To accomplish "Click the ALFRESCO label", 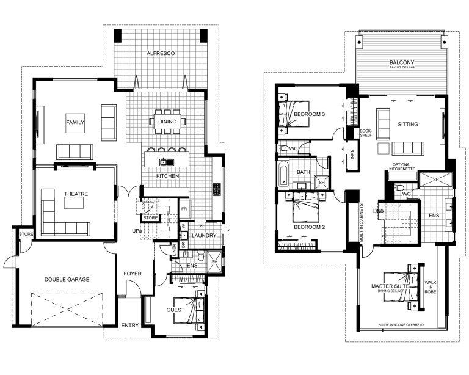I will click(161, 54).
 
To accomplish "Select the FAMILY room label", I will click(75, 123).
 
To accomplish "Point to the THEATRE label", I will click(76, 194).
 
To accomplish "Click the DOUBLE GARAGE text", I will click(67, 279).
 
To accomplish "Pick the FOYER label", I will click(133, 274).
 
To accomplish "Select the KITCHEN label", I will click(167, 176).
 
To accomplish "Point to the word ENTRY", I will click(129, 325).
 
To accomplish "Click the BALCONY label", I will click(402, 62).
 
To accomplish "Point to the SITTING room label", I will click(407, 125).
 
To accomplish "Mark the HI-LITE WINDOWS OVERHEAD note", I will click(401, 325).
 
